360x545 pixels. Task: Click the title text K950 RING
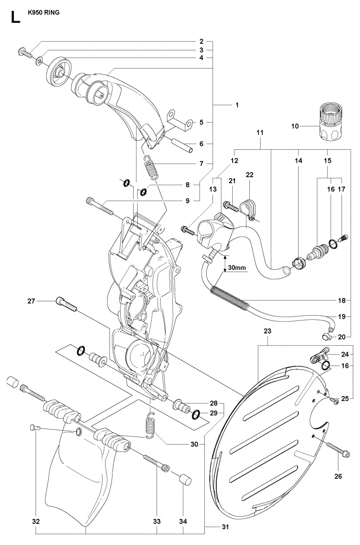pyautogui.click(x=44, y=13)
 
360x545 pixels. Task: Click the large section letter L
pyautogui.click(x=15, y=18)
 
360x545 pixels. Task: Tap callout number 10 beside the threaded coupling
pyautogui.click(x=295, y=126)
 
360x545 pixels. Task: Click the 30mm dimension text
pyautogui.click(x=237, y=268)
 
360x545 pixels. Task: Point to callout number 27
pyautogui.click(x=31, y=301)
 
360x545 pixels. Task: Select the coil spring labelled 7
pyautogui.click(x=151, y=167)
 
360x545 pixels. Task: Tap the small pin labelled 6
pyautogui.click(x=182, y=146)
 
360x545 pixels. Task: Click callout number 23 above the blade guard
pyautogui.click(x=267, y=331)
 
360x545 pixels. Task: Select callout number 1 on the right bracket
pyautogui.click(x=237, y=105)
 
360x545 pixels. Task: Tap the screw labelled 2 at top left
pyautogui.click(x=25, y=53)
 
